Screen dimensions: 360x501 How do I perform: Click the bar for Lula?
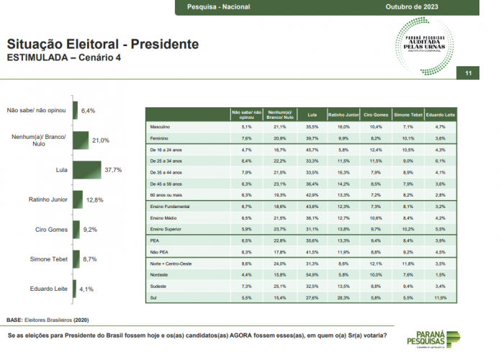[87, 171]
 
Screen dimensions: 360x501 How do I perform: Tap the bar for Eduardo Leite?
[73, 289]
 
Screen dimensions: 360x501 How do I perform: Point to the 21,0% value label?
[101, 140]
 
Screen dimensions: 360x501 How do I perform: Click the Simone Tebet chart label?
[48, 260]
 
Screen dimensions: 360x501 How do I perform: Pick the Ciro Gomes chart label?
[51, 230]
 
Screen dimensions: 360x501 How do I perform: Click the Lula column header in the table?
[312, 114]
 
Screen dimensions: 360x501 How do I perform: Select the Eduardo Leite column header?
[438, 114]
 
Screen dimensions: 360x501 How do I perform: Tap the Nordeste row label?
[160, 274]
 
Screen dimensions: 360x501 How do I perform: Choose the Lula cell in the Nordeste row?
[312, 274]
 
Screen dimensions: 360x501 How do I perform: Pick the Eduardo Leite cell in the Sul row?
[438, 296]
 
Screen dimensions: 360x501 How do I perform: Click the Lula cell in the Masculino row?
[312, 127]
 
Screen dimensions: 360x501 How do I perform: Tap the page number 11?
[469, 73]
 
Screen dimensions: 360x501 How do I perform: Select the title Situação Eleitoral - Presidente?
[102, 45]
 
